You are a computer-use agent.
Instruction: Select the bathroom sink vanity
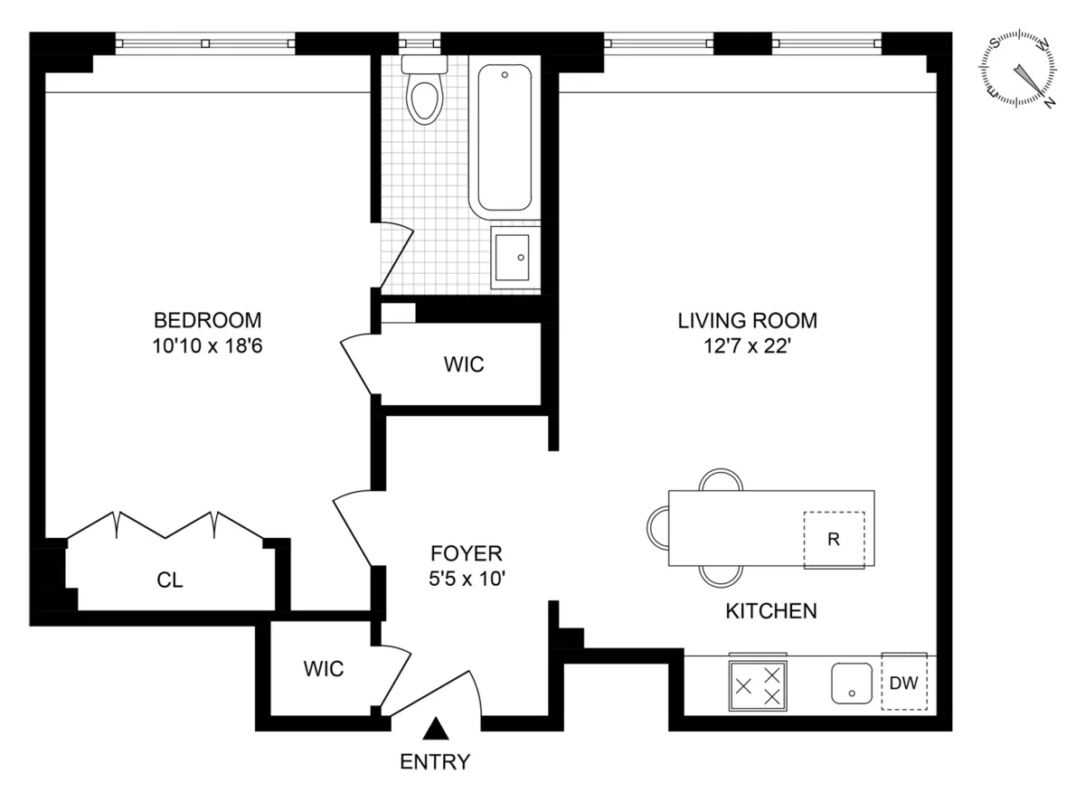pos(514,257)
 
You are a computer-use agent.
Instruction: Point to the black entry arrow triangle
pos(436,728)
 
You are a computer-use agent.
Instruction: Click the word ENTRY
pos(436,762)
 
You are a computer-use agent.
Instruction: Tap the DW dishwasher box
pos(904,684)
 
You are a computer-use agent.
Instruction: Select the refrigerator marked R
pos(834,540)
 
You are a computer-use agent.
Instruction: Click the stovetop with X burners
pos(758,684)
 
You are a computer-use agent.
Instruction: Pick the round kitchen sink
pos(852,684)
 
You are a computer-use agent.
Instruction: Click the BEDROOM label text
pos(207,320)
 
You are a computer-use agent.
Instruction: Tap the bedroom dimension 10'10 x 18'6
pos(207,346)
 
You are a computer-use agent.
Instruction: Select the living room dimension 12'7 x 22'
pos(748,346)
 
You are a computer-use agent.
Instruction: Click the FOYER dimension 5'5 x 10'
pos(466,580)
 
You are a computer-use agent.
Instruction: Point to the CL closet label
pos(170,580)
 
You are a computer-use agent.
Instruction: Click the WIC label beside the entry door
pos(323,669)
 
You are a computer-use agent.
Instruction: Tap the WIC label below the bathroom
pos(464,364)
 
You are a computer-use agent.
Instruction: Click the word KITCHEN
pos(771,611)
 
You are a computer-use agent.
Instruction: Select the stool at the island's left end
pos(658,526)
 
